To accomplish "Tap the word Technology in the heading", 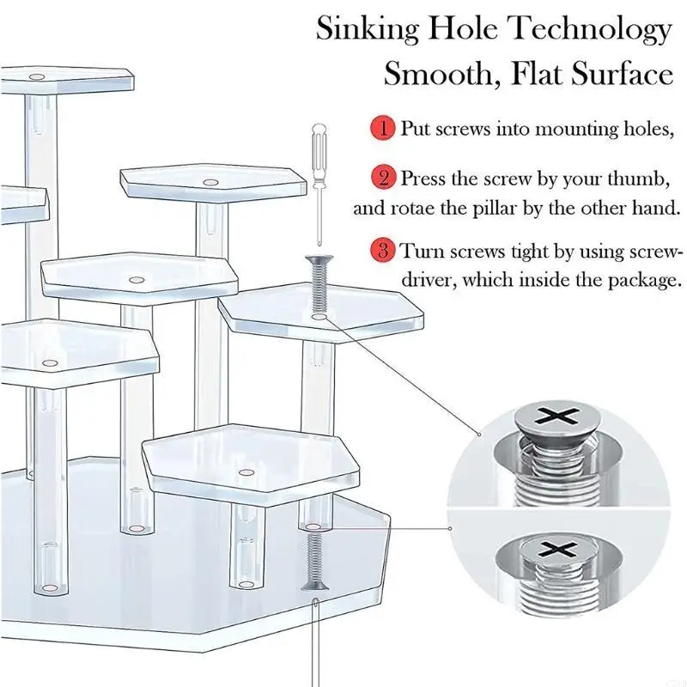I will [592, 30].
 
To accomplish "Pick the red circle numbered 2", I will [382, 179].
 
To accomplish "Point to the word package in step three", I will [642, 280].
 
